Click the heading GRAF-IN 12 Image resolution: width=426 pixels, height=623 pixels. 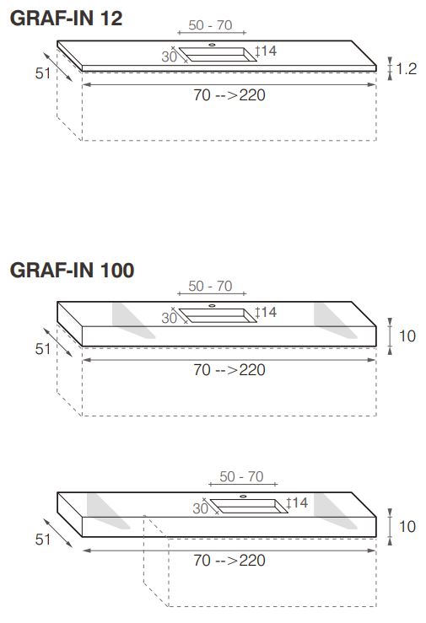[x=66, y=18]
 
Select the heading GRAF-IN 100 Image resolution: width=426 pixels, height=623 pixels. [x=72, y=271]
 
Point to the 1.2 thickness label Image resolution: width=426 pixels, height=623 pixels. [x=407, y=69]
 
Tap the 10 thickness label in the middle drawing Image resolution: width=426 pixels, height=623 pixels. [x=407, y=336]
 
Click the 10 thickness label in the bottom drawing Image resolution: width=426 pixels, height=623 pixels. [x=407, y=526]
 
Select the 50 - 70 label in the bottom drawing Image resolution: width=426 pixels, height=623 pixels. [x=242, y=476]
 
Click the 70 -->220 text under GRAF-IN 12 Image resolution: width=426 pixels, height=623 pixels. [x=229, y=94]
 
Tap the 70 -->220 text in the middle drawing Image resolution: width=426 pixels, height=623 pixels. [x=229, y=369]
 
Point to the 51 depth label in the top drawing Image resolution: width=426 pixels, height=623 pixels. [x=43, y=73]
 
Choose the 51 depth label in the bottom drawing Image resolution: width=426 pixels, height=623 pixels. [x=43, y=540]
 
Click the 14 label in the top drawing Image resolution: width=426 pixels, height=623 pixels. [x=269, y=51]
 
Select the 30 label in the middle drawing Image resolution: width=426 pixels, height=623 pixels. [x=169, y=318]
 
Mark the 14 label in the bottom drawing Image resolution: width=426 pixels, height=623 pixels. [x=300, y=503]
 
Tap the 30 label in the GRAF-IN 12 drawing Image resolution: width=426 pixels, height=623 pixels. [x=169, y=56]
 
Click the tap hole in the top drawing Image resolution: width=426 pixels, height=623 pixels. [x=212, y=43]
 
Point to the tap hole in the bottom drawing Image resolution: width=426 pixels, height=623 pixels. [x=243, y=496]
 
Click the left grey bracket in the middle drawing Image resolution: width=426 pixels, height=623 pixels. [x=126, y=320]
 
